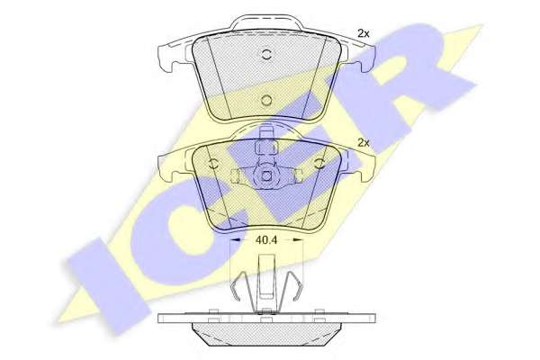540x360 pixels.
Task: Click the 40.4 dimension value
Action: (x=266, y=239)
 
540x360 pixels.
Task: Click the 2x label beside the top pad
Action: (x=363, y=33)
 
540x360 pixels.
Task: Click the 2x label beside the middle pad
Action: (x=363, y=142)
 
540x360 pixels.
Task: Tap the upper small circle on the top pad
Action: (x=266, y=54)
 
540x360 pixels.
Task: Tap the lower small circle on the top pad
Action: (x=266, y=100)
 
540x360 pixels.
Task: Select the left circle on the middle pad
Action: (x=213, y=164)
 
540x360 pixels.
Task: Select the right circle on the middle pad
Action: (x=319, y=164)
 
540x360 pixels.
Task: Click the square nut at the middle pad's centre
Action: (x=266, y=176)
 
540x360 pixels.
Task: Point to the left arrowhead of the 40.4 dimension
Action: (x=235, y=239)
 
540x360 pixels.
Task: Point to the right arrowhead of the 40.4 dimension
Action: (x=298, y=239)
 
